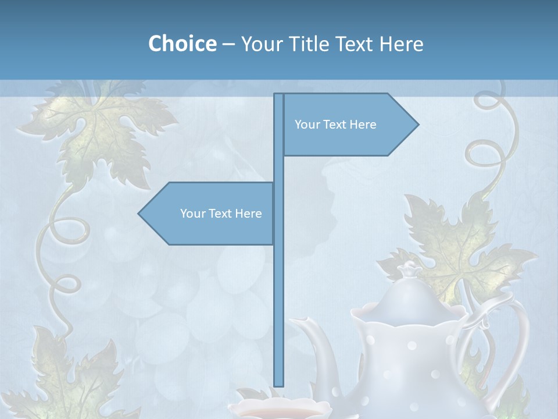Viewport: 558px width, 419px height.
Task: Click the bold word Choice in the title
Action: (182, 44)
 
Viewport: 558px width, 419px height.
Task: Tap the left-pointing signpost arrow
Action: (206, 214)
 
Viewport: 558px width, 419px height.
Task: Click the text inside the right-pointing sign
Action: (335, 125)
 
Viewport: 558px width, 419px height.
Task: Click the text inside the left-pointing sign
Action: (221, 214)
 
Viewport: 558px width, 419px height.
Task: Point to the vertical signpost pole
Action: (278, 291)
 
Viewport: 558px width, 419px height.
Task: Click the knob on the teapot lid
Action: (410, 269)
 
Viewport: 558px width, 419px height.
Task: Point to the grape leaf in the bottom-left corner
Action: (76, 372)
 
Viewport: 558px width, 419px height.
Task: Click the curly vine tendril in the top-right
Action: (494, 134)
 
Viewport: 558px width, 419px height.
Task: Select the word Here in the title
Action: (402, 44)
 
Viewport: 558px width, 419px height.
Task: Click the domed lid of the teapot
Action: (410, 297)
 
